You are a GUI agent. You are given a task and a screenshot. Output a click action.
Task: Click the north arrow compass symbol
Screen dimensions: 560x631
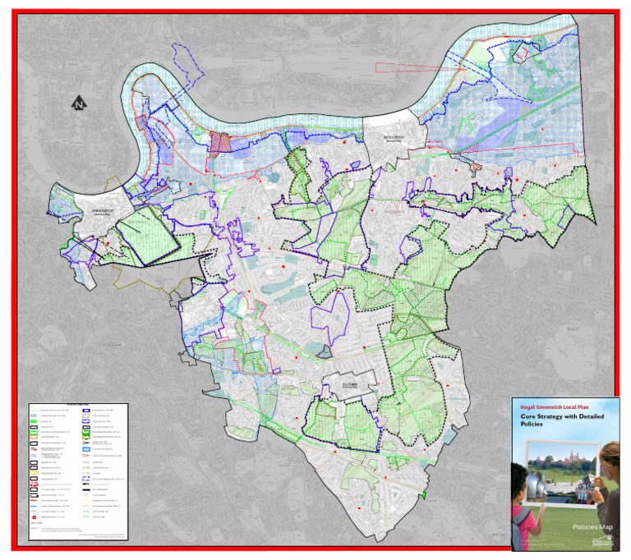78,103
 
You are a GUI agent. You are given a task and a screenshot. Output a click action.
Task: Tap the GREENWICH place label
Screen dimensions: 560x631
98,210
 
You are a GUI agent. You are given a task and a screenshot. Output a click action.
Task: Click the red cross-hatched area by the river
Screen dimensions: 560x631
223,144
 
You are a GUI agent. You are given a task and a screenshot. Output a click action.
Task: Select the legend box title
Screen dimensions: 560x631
78,405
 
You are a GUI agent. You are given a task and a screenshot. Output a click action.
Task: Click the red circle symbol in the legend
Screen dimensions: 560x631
86,494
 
